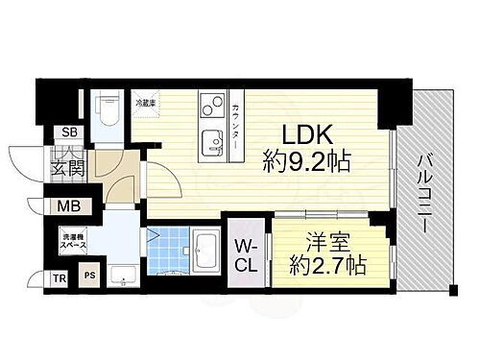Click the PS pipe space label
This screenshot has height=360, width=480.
(x=90, y=276)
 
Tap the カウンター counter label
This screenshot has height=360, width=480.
(x=235, y=130)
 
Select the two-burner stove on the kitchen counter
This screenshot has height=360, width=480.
(x=208, y=105)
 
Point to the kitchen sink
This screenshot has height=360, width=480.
(x=208, y=145)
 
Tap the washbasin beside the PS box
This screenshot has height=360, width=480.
(x=122, y=276)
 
